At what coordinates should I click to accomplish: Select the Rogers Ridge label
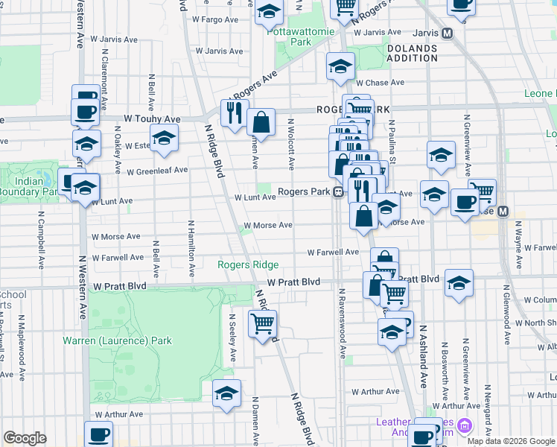point(248,264)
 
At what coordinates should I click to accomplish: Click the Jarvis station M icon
point(448,33)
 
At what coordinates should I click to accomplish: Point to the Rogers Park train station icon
point(338,192)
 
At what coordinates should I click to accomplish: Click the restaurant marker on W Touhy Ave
point(233,112)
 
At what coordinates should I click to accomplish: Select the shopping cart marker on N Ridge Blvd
point(262,324)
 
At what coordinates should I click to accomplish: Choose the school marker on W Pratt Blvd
point(459,283)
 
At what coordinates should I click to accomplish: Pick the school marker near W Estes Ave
point(164,138)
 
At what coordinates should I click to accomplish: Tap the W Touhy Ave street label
point(152,118)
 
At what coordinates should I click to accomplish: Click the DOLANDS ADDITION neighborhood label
point(412,53)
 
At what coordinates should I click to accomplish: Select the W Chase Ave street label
point(379,83)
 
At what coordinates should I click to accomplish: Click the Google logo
point(25,438)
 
